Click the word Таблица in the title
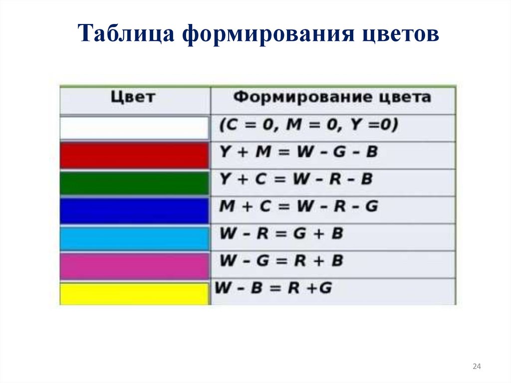click(127, 35)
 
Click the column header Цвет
click(133, 97)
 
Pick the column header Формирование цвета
click(332, 97)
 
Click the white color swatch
click(134, 128)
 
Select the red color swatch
click(134, 155)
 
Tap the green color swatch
click(134, 183)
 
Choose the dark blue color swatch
click(134, 211)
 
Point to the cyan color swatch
click(134, 238)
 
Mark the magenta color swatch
click(134, 266)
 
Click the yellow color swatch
click(134, 294)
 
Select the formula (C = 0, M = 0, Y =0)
click(308, 125)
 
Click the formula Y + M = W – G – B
click(298, 152)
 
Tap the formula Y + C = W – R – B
click(296, 179)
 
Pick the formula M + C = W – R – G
click(298, 206)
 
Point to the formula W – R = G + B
click(281, 234)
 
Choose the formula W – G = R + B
click(281, 261)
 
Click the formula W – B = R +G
click(273, 288)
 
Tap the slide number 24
click(476, 367)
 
